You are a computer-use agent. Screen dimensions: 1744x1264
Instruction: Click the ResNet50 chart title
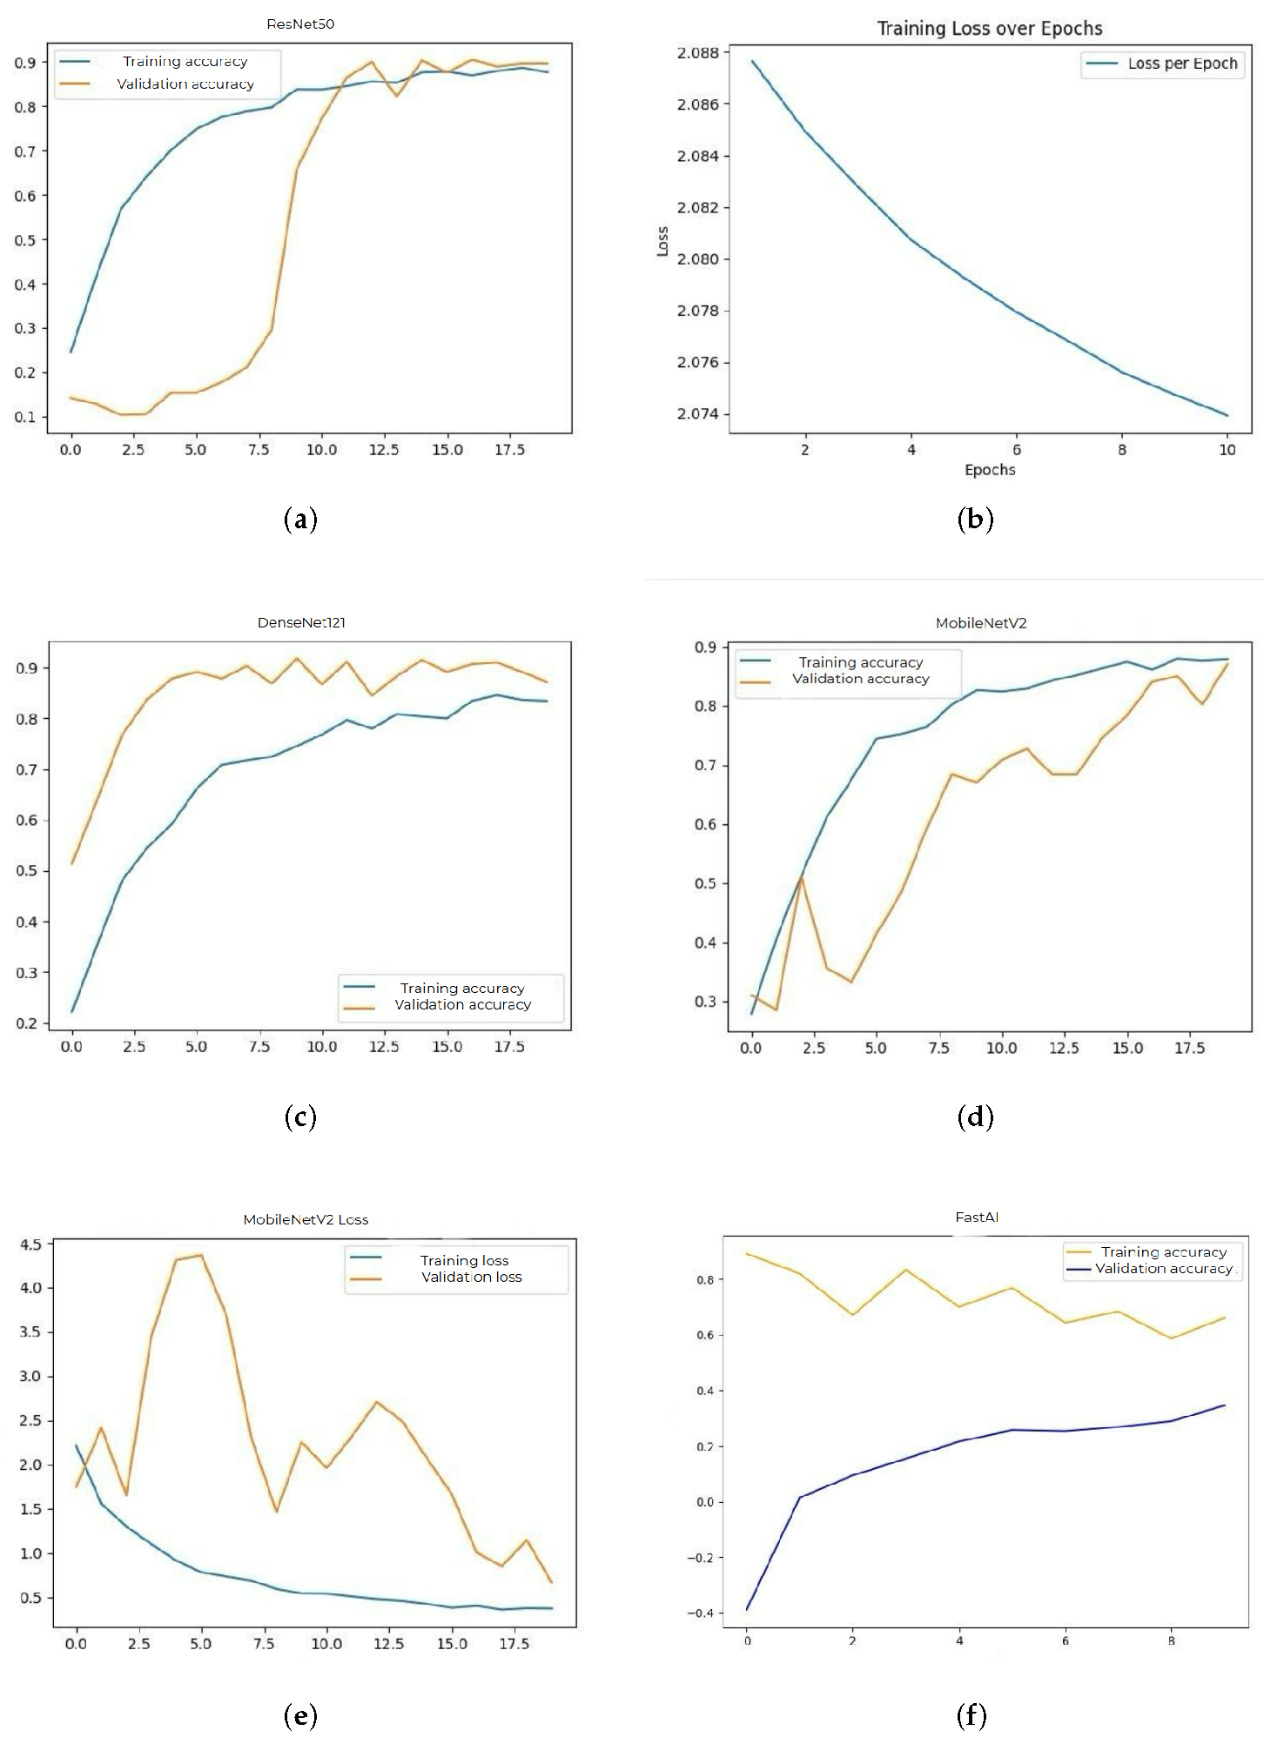[300, 24]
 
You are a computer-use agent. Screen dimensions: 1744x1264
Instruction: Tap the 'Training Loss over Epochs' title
[989, 29]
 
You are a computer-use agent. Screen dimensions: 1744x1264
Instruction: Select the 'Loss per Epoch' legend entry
[1181, 64]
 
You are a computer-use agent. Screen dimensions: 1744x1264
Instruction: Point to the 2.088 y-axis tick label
[698, 53]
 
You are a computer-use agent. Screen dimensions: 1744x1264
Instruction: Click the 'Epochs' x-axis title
[990, 470]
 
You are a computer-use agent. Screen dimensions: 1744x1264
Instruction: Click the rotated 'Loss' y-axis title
[662, 241]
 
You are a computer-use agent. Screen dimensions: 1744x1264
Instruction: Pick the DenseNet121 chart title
[301, 622]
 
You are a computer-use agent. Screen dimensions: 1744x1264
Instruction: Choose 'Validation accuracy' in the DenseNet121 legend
[462, 1004]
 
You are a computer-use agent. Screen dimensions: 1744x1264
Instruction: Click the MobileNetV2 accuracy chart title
[981, 623]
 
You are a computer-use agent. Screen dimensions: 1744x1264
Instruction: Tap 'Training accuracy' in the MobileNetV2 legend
[860, 662]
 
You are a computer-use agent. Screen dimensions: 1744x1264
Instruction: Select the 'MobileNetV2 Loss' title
[306, 1219]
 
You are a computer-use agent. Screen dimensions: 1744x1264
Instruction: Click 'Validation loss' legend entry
[471, 1277]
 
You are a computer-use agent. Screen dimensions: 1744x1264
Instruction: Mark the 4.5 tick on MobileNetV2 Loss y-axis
[30, 1244]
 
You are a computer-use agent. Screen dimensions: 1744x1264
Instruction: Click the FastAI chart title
[976, 1217]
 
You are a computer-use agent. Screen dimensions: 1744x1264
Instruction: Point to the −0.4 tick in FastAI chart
[699, 1613]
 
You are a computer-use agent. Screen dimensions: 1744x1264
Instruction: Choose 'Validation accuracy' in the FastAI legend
[1163, 1268]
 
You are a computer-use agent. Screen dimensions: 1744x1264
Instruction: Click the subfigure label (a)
[300, 520]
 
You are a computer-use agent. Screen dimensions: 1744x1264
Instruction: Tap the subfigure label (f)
[972, 1715]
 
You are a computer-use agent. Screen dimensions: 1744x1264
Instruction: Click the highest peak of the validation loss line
[201, 1255]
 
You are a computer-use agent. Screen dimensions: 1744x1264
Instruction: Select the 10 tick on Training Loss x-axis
[1227, 450]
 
